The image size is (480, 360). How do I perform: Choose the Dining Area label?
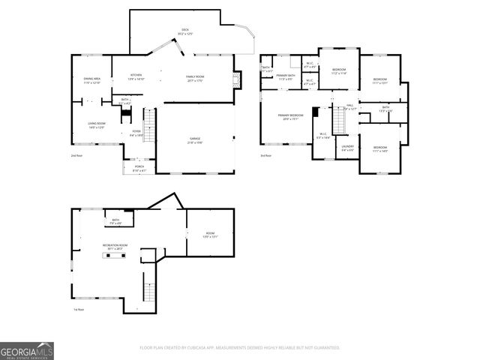click(91, 79)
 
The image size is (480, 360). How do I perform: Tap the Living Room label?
click(97, 125)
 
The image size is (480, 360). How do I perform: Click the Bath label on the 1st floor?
click(116, 221)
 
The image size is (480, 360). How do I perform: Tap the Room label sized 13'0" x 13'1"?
click(209, 235)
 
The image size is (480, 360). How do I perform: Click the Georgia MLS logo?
click(27, 351)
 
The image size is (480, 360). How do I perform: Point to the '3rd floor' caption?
click(267, 155)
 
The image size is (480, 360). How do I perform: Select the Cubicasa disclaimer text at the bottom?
click(240, 347)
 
